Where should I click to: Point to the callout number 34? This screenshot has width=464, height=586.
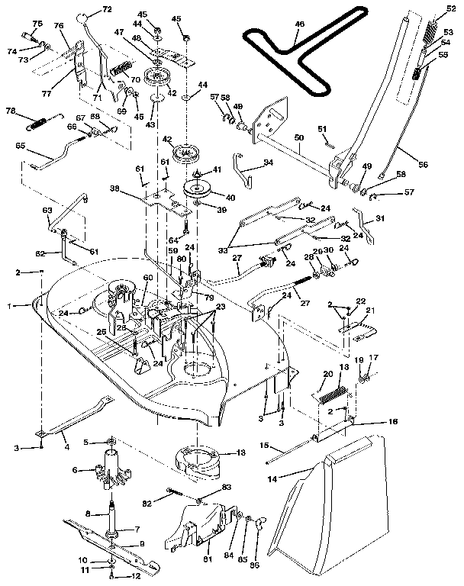(267, 163)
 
